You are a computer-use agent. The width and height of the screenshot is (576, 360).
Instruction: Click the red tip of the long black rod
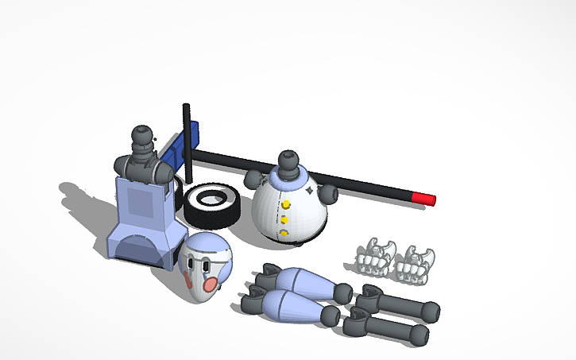[x=424, y=198]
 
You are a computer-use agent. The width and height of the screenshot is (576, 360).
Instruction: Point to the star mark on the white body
[x=310, y=191]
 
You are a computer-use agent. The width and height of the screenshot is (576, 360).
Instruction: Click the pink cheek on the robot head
[x=211, y=284]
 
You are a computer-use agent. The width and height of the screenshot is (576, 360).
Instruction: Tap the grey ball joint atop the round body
[x=288, y=161]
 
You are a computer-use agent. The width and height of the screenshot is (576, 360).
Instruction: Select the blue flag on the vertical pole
[x=173, y=150]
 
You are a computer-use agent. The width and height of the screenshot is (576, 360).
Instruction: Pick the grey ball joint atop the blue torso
[x=143, y=139]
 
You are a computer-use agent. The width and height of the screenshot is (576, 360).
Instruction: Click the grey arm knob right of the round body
[x=327, y=193]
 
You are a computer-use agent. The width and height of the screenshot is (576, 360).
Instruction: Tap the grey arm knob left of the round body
[x=253, y=178]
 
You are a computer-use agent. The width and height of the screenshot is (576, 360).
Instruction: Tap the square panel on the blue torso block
[x=140, y=202]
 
